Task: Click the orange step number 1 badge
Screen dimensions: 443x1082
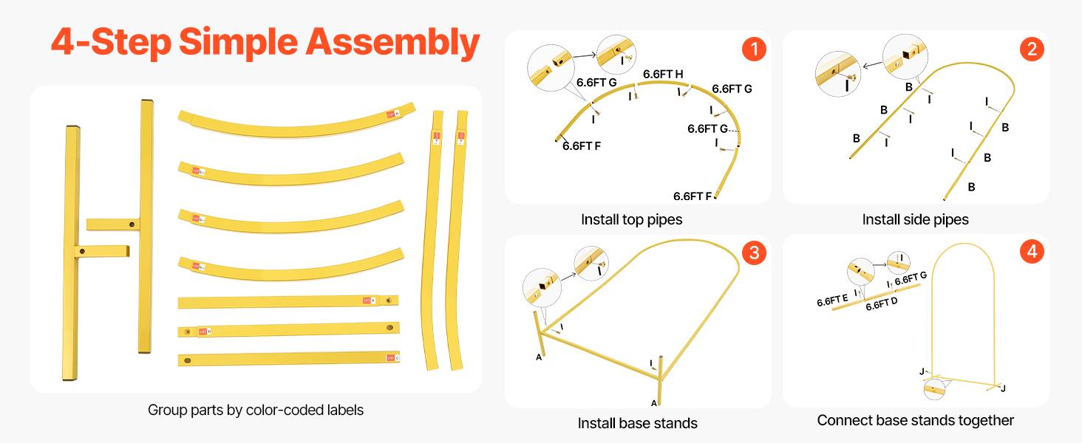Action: (753, 49)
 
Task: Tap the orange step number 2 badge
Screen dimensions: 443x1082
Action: (1032, 49)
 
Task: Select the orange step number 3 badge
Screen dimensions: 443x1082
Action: (753, 253)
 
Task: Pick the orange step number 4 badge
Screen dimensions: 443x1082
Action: (1032, 253)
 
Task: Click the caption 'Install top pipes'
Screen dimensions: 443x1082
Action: (631, 219)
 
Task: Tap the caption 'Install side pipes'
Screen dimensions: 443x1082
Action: (915, 219)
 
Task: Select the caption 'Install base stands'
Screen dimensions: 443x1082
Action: (637, 423)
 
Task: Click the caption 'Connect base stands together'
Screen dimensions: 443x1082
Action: (915, 420)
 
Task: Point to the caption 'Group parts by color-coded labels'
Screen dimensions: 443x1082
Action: (256, 410)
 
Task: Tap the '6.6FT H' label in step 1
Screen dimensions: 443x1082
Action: (663, 74)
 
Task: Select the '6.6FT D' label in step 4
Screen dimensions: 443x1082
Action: (881, 304)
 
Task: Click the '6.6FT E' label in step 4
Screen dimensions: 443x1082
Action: (832, 301)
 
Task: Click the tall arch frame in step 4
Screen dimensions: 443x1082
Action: (965, 310)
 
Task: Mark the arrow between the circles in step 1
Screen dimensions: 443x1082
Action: (585, 54)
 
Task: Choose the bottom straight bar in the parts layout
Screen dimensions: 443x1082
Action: (288, 360)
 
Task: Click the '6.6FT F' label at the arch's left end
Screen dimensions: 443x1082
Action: (582, 146)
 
